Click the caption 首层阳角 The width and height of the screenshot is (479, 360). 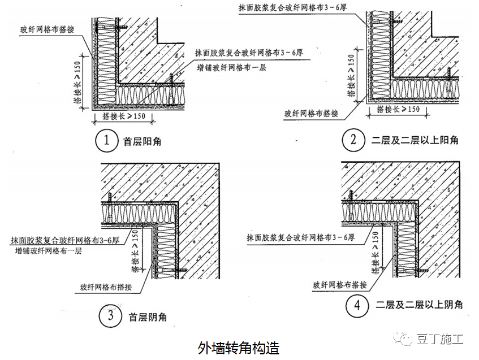pos(142,141)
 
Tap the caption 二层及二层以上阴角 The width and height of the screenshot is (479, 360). pos(419,305)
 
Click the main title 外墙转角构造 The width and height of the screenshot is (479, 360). pos(239,345)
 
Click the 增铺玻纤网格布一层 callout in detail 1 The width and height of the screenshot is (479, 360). pos(231,67)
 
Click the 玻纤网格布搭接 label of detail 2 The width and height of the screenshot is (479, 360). pos(311,113)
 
